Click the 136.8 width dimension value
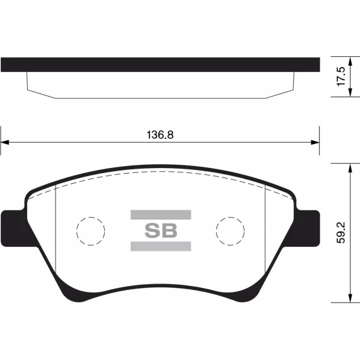pyautogui.click(x=160, y=135)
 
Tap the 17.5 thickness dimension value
pyautogui.click(x=341, y=76)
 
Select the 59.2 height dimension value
pyautogui.click(x=341, y=232)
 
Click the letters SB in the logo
pyautogui.click(x=161, y=231)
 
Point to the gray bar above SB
pyautogui.click(x=160, y=215)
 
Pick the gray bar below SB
pyautogui.click(x=160, y=246)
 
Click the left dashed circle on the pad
pyautogui.click(x=91, y=217)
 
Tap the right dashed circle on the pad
pyautogui.click(x=231, y=217)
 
